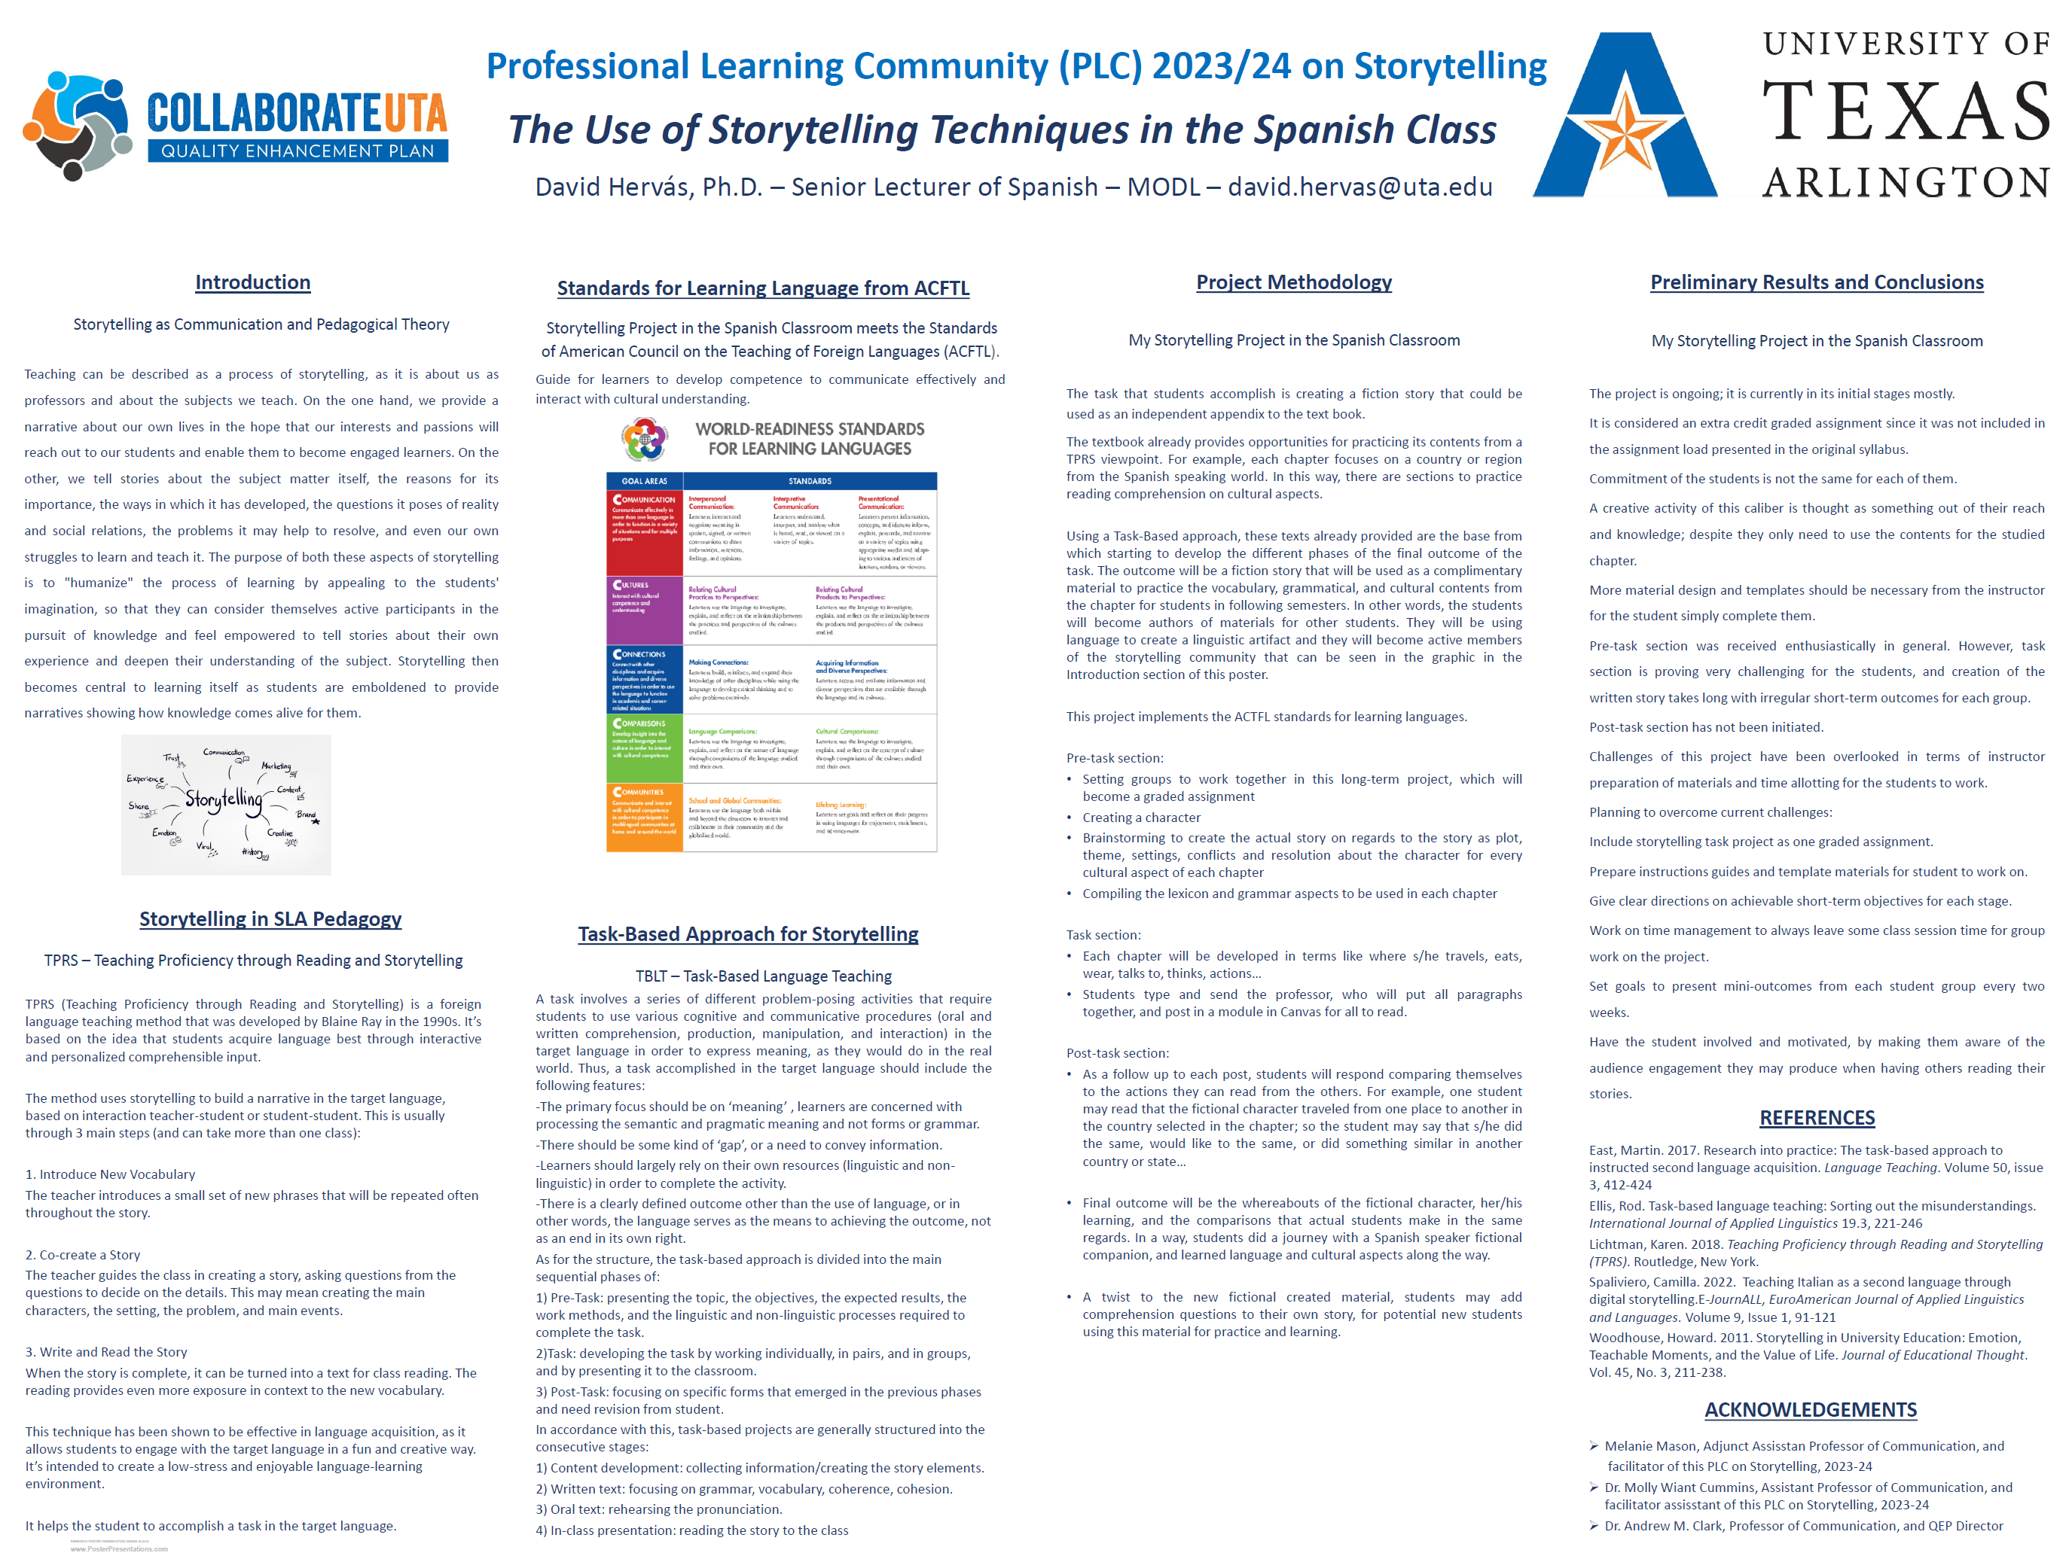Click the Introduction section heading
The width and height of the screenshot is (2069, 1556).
pyautogui.click(x=252, y=282)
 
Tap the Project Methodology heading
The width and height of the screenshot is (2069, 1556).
pyautogui.click(x=1293, y=282)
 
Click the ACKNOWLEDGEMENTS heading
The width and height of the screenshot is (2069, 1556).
pyautogui.click(x=1810, y=1409)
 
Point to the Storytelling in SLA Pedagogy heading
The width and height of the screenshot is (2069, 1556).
pyautogui.click(x=270, y=918)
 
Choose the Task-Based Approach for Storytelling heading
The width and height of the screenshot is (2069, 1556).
pyautogui.click(x=747, y=933)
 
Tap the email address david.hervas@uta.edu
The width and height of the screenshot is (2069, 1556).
pyautogui.click(x=1360, y=187)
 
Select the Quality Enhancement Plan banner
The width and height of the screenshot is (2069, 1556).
pyautogui.click(x=298, y=151)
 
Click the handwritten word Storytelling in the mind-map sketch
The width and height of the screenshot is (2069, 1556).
pyautogui.click(x=223, y=799)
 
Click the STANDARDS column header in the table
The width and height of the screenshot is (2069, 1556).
pyautogui.click(x=809, y=480)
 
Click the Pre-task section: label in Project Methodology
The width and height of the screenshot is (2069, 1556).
pyautogui.click(x=1115, y=757)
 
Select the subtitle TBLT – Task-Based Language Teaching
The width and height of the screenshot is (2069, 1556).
pyautogui.click(x=763, y=976)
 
